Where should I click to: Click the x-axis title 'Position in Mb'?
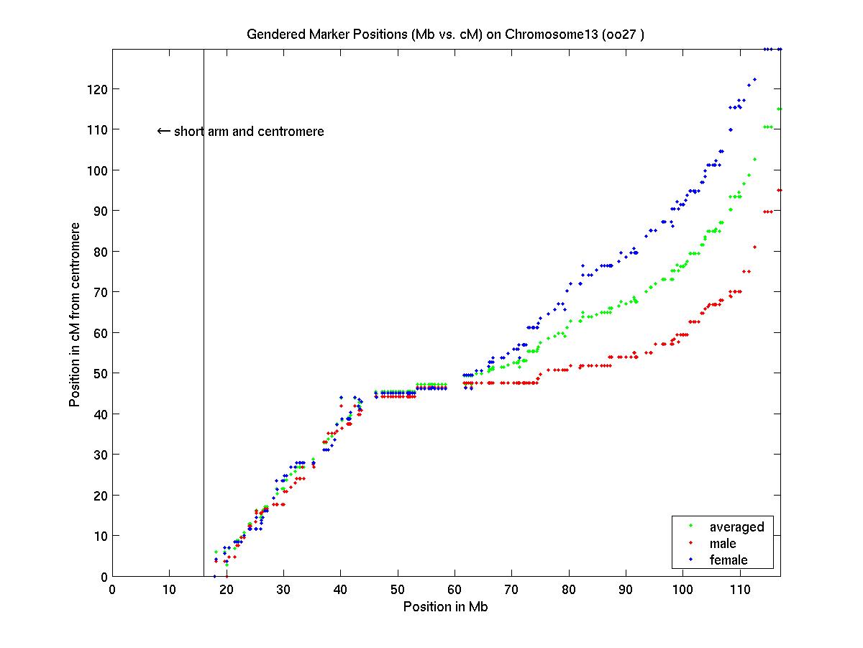pos(446,606)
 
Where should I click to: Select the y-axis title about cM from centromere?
pos(75,314)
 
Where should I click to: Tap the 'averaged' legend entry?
pos(736,526)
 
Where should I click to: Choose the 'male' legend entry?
pos(723,543)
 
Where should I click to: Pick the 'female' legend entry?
pos(729,560)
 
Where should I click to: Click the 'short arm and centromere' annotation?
pos(249,132)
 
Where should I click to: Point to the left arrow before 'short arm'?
pos(163,131)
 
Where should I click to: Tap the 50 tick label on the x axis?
pos(398,590)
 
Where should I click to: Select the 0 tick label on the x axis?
pos(112,590)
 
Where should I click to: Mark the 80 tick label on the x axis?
pos(569,590)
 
